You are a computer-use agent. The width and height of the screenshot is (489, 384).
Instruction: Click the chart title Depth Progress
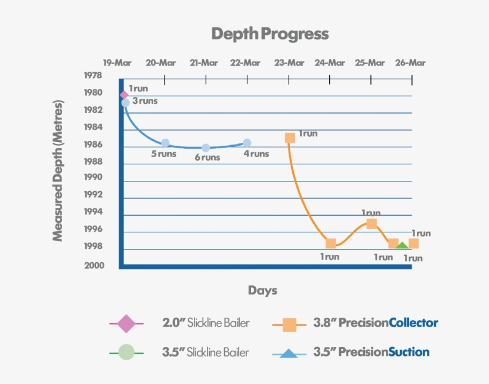[270, 33]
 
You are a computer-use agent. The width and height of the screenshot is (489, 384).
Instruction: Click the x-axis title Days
[262, 291]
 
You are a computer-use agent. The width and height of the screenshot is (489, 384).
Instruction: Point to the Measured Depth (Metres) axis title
[58, 170]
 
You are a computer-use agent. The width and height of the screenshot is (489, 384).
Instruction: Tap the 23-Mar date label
[289, 63]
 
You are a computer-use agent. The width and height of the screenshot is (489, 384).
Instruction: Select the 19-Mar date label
[117, 63]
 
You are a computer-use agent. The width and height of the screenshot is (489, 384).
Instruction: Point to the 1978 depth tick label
[92, 76]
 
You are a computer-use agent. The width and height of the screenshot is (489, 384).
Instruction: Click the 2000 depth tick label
[92, 266]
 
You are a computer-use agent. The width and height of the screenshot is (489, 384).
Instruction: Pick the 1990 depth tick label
[92, 177]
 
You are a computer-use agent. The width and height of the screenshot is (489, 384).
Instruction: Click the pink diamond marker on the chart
[124, 95]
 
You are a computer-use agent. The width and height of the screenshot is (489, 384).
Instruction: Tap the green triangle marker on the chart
[403, 245]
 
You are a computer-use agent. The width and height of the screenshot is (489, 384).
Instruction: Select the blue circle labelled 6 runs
[206, 148]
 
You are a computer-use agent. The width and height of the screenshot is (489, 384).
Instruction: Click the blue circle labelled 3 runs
[125, 103]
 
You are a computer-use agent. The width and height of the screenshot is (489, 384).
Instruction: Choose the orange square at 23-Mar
[290, 137]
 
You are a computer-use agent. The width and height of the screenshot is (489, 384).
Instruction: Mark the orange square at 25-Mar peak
[372, 223]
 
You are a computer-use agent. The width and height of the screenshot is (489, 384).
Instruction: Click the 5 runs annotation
[163, 154]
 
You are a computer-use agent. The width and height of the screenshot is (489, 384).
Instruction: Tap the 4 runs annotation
[256, 154]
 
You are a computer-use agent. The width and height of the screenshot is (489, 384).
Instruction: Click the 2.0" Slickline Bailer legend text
[206, 323]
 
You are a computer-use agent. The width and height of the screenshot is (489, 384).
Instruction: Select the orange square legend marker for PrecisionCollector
[289, 324]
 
